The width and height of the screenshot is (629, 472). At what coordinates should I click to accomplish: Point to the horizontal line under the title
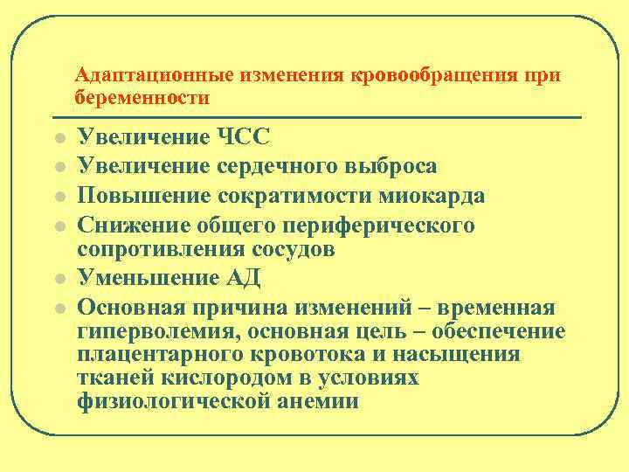pos(328,117)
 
